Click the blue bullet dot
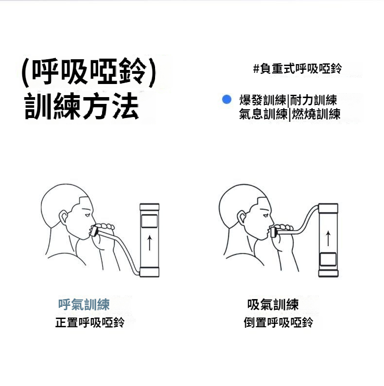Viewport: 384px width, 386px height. click(227, 99)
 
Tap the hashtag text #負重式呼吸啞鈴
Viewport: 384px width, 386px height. click(297, 68)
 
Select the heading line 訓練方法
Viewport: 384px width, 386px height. click(82, 106)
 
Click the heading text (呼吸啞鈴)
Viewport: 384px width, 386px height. click(89, 72)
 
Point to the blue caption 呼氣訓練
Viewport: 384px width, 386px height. click(84, 304)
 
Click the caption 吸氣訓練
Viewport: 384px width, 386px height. click(273, 304)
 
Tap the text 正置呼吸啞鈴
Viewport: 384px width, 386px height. click(90, 322)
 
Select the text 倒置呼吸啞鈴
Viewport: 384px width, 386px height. click(279, 322)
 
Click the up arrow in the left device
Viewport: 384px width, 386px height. click(150, 243)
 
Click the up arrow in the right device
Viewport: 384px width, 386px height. click(328, 238)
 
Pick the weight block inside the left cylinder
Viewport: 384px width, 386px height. click(149, 221)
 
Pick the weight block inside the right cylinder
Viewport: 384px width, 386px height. click(328, 259)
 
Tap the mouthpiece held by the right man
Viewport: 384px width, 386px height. click(274, 233)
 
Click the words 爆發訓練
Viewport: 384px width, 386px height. click(262, 100)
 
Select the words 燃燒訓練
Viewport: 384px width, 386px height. click(316, 114)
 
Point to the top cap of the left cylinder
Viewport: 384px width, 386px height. click(149, 207)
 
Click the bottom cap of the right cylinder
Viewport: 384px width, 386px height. click(328, 273)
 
